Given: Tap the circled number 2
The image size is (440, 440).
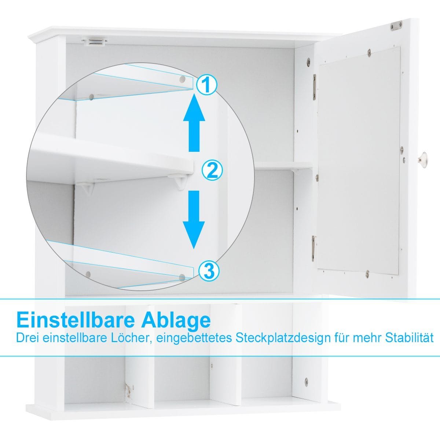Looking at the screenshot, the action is pyautogui.click(x=213, y=170).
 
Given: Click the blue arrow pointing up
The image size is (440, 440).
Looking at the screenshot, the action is pyautogui.click(x=194, y=124).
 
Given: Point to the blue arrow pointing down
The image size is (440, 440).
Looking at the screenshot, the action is pyautogui.click(x=194, y=220).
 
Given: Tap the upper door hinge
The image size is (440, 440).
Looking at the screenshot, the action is pyautogui.click(x=315, y=87).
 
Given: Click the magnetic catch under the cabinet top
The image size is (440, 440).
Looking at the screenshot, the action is pyautogui.click(x=95, y=42).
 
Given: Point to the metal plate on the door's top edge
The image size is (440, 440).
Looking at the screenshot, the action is pyautogui.click(x=397, y=26).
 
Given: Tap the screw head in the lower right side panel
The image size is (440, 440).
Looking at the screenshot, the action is pyautogui.click(x=306, y=381).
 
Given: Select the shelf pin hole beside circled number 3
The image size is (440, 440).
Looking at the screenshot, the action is pyautogui.click(x=182, y=278).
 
